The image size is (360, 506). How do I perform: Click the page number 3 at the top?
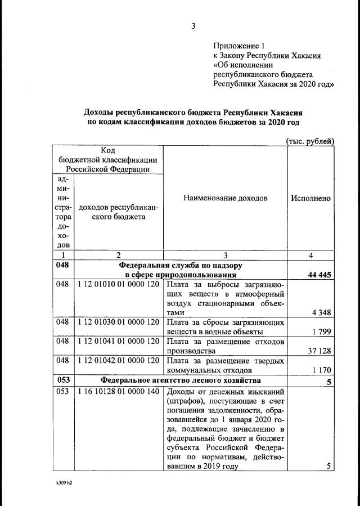pyautogui.click(x=193, y=25)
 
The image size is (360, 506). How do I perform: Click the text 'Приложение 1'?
pyautogui.click(x=238, y=46)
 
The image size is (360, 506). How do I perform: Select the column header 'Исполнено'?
pyautogui.click(x=310, y=198)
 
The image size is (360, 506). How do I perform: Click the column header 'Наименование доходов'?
pyautogui.click(x=226, y=198)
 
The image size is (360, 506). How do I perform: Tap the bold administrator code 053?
pyautogui.click(x=63, y=380)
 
